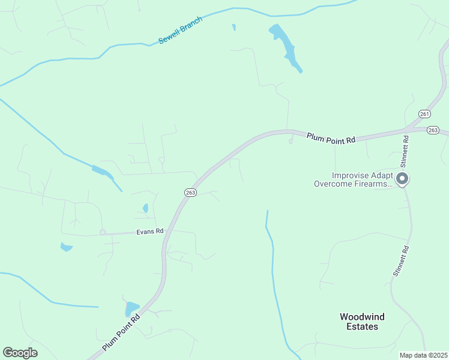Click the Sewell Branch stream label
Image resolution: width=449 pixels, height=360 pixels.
pos(181,30)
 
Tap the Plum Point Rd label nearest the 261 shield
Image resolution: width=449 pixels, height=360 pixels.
pos(331,137)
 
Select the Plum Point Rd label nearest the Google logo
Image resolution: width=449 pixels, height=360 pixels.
pos(121,332)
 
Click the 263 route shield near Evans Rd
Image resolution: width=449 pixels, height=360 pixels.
pos(190,193)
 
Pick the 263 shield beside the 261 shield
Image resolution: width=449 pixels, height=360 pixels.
pos(433,130)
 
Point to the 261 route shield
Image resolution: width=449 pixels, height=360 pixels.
pos(425,114)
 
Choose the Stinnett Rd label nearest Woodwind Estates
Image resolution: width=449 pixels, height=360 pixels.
pos(401,261)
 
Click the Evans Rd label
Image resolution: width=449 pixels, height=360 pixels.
pos(151,231)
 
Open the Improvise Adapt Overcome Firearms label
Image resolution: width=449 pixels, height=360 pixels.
pos(354,180)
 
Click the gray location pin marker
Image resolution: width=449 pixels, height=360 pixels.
pos(403,179)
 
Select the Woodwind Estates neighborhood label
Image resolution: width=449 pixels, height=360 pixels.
pos(363,322)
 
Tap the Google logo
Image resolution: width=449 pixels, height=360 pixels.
pos(20,353)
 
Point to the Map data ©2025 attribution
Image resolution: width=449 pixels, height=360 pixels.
pos(423,355)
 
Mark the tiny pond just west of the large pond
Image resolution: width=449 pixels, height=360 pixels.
pos(234,27)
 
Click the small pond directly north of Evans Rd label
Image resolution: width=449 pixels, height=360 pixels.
pos(145,208)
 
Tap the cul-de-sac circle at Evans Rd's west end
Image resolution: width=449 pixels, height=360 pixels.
pos(103,232)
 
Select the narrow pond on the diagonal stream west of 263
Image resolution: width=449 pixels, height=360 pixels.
pos(102,172)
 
